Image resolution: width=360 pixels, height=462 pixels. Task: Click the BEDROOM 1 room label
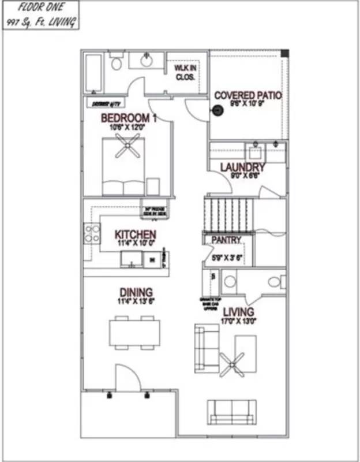coord(128,118)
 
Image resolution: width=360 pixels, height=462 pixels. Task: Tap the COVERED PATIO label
coord(247,95)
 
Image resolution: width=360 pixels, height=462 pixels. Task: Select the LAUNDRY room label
coord(242,167)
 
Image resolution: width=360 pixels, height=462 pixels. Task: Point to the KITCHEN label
coord(135,234)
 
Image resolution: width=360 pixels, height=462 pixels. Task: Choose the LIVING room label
coord(238,312)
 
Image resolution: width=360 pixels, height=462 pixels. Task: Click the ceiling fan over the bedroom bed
coord(127,146)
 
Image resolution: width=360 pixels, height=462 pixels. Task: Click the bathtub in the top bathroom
coord(95,73)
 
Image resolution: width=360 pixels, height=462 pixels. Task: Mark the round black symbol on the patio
coord(218,111)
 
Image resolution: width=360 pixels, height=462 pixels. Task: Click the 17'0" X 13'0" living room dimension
coord(238,321)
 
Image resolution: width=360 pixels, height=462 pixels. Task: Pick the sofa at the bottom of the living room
coord(231,411)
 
